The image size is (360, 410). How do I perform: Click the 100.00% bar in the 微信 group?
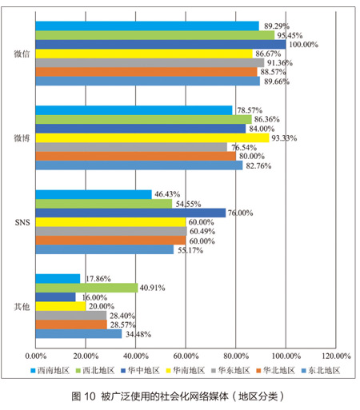coord(161,45)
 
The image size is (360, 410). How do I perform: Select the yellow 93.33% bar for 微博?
coord(152,138)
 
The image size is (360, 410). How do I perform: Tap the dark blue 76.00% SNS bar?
coord(130,213)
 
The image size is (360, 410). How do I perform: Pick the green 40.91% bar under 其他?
coord(86,288)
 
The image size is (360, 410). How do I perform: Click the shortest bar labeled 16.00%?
coord(55,297)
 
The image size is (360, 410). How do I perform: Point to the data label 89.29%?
coord(277,26)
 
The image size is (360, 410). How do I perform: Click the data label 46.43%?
coord(167,194)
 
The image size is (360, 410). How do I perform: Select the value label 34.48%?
coord(138,334)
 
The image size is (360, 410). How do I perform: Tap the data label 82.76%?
coord(258,166)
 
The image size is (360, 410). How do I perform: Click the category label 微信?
coord(22,54)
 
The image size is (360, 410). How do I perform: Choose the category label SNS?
coord(22,222)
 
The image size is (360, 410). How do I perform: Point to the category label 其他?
coord(22,307)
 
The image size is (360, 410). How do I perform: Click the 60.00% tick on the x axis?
coord(186,356)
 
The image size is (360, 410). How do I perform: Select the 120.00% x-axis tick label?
coord(336,356)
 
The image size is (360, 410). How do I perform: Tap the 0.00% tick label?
coord(36,356)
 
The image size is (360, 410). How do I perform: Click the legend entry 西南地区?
coord(50,371)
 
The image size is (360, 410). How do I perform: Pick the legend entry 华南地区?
coord(186,371)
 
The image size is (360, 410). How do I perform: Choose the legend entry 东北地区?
coord(321,371)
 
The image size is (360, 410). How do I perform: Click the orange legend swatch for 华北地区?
coord(258,371)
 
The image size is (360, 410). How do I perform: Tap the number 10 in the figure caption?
coord(90,396)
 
